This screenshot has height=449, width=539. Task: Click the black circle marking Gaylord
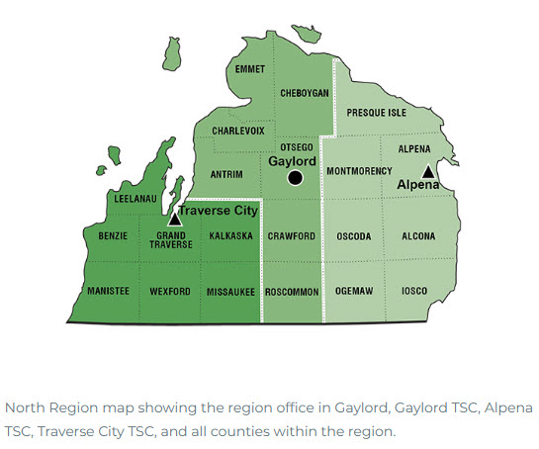(x=294, y=178)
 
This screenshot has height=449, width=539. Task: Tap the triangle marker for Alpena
(x=427, y=171)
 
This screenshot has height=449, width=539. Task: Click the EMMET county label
(x=250, y=69)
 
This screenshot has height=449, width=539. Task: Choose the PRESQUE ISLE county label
(x=376, y=114)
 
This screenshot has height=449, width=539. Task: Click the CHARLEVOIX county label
(x=238, y=130)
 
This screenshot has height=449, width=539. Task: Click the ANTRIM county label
(x=227, y=173)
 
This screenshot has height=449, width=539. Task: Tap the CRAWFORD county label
(x=292, y=236)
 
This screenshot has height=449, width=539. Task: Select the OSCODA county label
(x=354, y=236)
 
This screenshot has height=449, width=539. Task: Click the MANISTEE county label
(x=108, y=292)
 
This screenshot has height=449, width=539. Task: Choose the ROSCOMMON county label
(x=292, y=292)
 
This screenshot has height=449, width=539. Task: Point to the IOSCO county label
(x=414, y=292)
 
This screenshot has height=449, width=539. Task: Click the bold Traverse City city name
(x=219, y=211)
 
